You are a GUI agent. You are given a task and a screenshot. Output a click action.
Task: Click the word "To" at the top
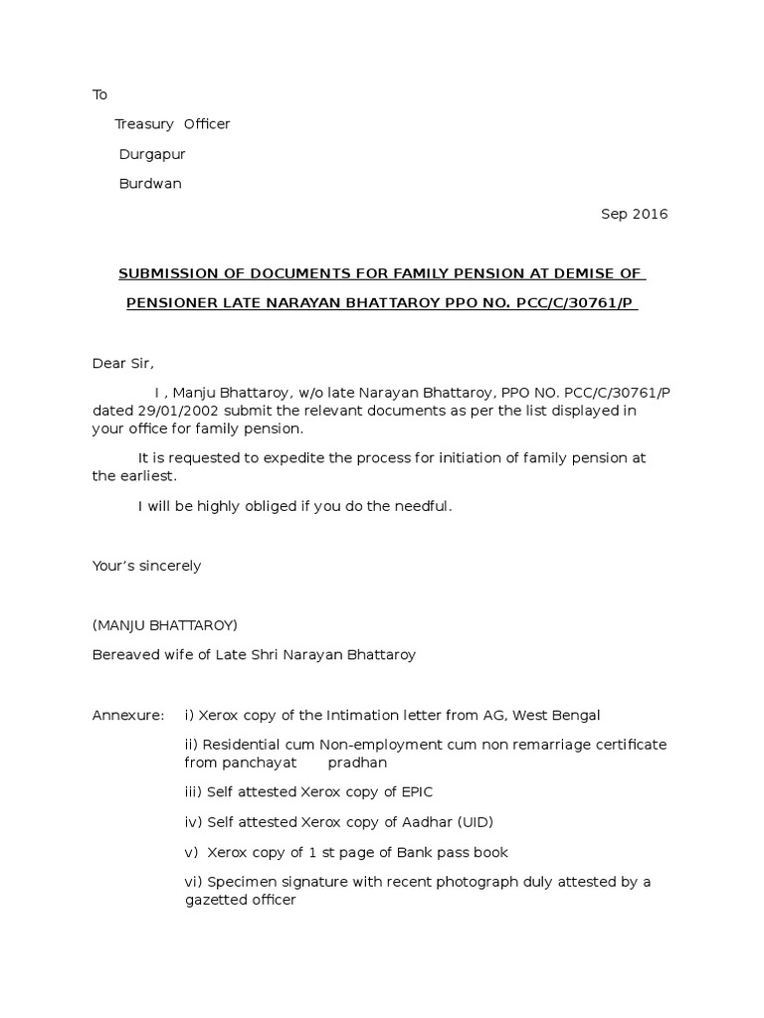99,94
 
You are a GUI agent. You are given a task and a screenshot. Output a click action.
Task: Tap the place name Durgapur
152,154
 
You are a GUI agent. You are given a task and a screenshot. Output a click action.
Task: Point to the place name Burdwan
150,184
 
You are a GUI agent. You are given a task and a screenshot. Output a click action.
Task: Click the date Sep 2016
635,214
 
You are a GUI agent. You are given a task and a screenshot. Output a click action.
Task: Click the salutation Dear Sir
123,363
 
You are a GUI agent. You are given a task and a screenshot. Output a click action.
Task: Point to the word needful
423,506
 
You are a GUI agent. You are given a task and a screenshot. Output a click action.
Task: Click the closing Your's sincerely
146,566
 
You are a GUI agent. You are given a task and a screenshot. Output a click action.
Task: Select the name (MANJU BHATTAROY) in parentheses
165,625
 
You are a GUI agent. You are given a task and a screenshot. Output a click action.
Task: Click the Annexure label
128,715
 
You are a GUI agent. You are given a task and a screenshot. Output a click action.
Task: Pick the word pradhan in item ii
357,763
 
